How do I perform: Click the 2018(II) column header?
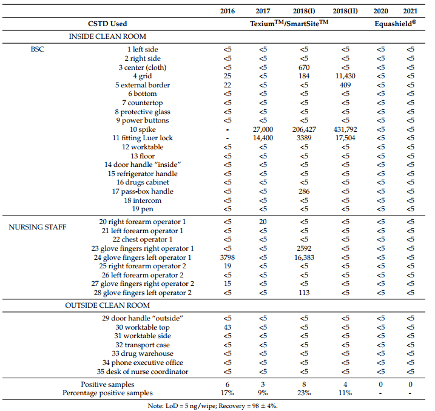click(x=345, y=11)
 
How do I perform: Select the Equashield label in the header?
click(x=396, y=23)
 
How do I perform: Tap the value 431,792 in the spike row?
click(x=345, y=129)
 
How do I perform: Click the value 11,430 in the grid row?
click(x=345, y=76)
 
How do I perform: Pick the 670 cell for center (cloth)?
click(x=304, y=67)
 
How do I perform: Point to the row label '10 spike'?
click(x=143, y=129)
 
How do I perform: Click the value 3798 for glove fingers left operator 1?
click(x=228, y=257)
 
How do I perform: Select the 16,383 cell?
click(x=304, y=257)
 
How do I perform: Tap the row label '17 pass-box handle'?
click(x=143, y=191)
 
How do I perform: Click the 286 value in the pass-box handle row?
click(x=304, y=191)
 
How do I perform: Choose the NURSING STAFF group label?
click(x=38, y=227)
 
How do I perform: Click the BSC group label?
click(x=37, y=49)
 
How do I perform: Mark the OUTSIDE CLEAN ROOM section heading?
click(x=107, y=305)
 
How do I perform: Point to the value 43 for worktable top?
click(x=228, y=327)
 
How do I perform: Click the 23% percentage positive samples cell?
click(x=304, y=393)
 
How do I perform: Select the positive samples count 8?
click(x=304, y=384)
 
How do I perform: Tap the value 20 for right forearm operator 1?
click(x=263, y=222)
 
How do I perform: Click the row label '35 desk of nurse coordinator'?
click(x=143, y=372)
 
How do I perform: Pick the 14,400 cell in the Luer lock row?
click(x=263, y=138)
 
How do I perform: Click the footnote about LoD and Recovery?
click(x=212, y=406)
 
